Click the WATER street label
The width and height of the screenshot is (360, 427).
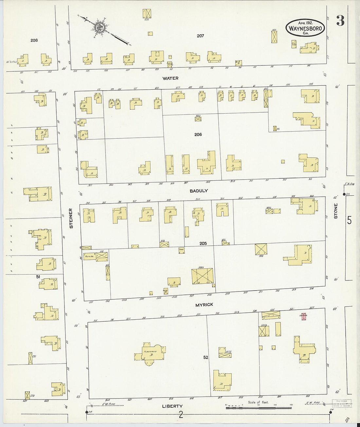(171, 78)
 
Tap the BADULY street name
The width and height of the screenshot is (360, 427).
(199, 191)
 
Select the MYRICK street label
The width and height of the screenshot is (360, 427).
(204, 305)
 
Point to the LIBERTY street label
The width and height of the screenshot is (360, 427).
(172, 406)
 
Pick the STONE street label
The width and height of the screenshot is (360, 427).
(335, 211)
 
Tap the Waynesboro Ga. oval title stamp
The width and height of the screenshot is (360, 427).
(306, 28)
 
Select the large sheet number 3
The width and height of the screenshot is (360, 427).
(340, 21)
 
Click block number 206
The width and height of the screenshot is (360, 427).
(198, 134)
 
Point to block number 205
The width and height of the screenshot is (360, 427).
(203, 243)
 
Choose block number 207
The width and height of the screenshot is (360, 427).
(200, 36)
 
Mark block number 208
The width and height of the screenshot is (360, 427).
(34, 40)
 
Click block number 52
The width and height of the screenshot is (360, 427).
(206, 357)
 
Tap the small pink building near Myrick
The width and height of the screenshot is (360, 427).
(304, 316)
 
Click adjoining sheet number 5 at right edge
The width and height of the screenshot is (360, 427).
(349, 221)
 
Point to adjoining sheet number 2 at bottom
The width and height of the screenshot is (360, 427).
(181, 415)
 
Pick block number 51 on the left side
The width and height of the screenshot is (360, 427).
(38, 277)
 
